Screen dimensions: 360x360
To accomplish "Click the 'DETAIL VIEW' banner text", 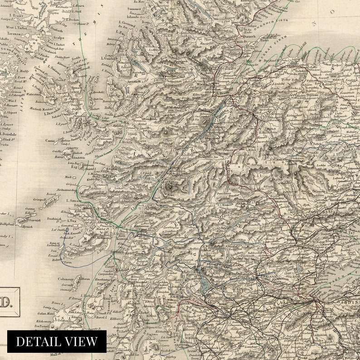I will point(57,341).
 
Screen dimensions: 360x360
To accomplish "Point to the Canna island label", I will point(50,141).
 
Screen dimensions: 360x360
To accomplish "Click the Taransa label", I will point(15,34).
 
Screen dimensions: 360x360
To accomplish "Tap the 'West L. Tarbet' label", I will point(17,28).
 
